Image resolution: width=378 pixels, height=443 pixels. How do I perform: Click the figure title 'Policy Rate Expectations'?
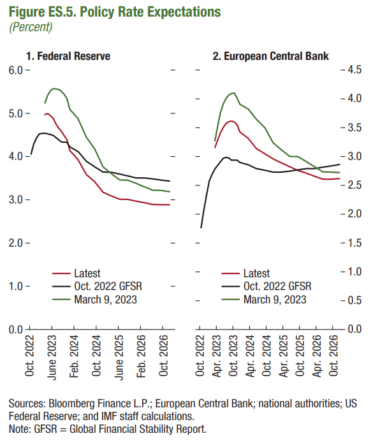(150, 12)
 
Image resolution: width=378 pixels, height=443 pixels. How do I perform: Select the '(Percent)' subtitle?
(31, 27)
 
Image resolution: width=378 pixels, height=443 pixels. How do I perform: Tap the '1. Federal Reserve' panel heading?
(68, 56)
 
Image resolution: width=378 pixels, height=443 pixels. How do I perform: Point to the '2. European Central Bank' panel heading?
(271, 56)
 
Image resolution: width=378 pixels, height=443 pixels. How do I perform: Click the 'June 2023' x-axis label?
(52, 358)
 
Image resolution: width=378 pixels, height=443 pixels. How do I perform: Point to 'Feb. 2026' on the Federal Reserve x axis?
(141, 356)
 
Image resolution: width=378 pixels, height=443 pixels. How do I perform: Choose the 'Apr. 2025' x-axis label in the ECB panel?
(283, 356)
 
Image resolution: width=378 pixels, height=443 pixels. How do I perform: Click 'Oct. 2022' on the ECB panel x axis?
(200, 356)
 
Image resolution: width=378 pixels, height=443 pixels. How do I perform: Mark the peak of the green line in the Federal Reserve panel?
(54, 89)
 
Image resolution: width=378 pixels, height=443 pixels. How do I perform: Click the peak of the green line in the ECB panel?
(234, 92)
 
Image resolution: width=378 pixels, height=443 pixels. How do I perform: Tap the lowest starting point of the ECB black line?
(201, 228)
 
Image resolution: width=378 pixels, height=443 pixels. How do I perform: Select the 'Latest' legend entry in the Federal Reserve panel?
(76, 273)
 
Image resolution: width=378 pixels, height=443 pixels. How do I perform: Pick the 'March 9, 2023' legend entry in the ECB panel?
(264, 300)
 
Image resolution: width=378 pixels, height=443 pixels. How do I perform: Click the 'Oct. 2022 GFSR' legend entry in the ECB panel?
(266, 286)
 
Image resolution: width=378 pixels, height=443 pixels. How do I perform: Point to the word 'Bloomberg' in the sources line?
(72, 403)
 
